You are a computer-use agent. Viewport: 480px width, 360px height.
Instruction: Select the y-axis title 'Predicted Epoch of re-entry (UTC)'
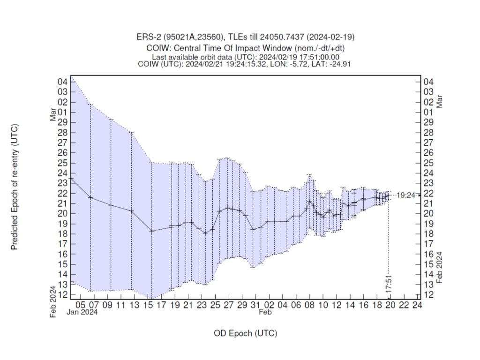coord(15,187)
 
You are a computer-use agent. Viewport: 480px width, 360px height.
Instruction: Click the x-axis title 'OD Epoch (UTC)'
coord(245,333)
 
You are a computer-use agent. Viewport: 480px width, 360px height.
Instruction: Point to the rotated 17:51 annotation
coord(390,285)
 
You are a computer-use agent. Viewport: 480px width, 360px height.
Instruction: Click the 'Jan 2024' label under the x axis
coord(82,313)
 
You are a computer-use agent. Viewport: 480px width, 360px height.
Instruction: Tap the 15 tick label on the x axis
coord(148,305)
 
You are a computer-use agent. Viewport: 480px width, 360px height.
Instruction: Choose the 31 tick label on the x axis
coord(255,305)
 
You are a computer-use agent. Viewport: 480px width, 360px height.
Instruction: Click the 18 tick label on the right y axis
coord(427,234)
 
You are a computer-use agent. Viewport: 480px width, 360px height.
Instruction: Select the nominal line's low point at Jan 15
coord(151,231)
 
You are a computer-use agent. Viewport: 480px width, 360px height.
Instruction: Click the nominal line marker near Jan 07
coord(90,198)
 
